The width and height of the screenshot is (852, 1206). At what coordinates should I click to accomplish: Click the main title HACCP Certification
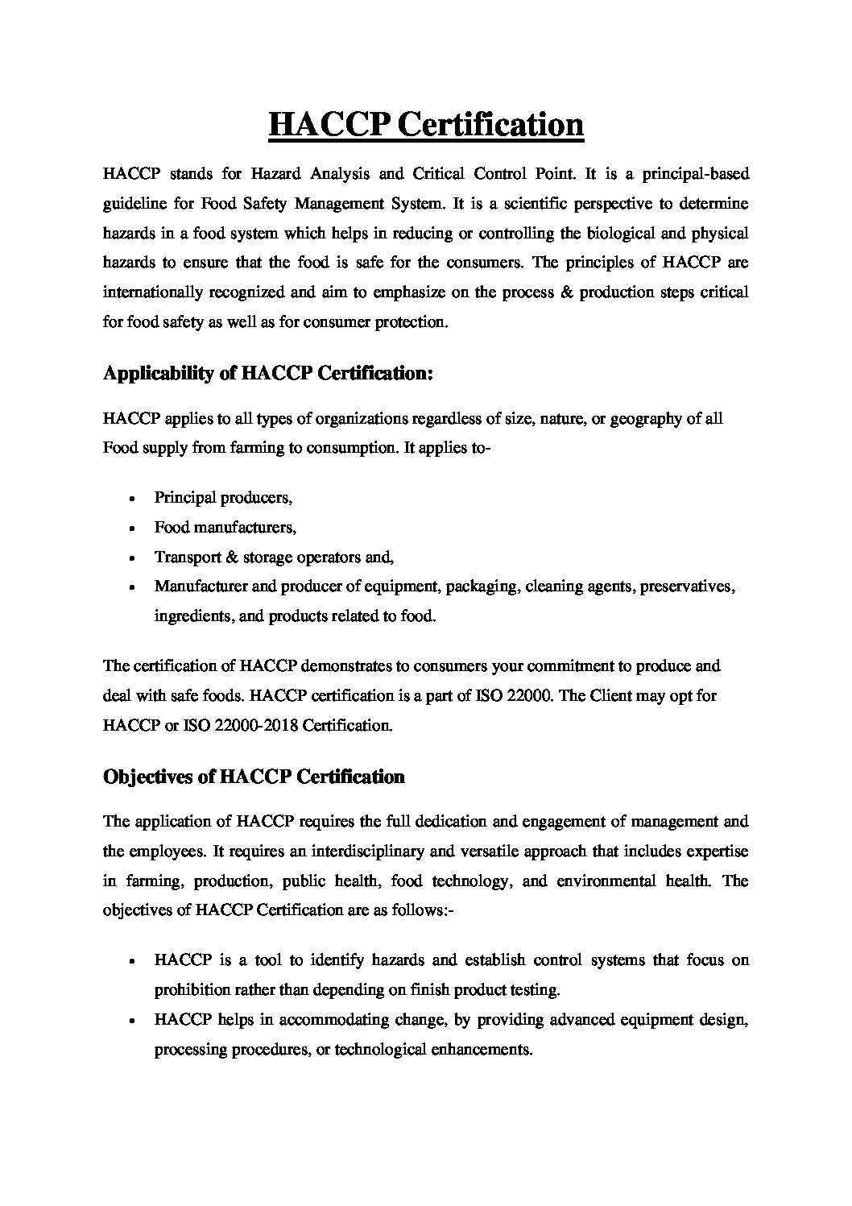pyautogui.click(x=425, y=124)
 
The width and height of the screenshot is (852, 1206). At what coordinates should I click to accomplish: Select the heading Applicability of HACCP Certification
pyautogui.click(x=268, y=374)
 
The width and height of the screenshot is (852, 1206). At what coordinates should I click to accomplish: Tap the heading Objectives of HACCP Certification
pyautogui.click(x=254, y=777)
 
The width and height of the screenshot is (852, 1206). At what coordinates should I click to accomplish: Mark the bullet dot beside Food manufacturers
pyautogui.click(x=130, y=528)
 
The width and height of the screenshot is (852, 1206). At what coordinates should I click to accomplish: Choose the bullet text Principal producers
pyautogui.click(x=223, y=498)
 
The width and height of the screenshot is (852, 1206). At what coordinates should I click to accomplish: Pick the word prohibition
pyautogui.click(x=192, y=989)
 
